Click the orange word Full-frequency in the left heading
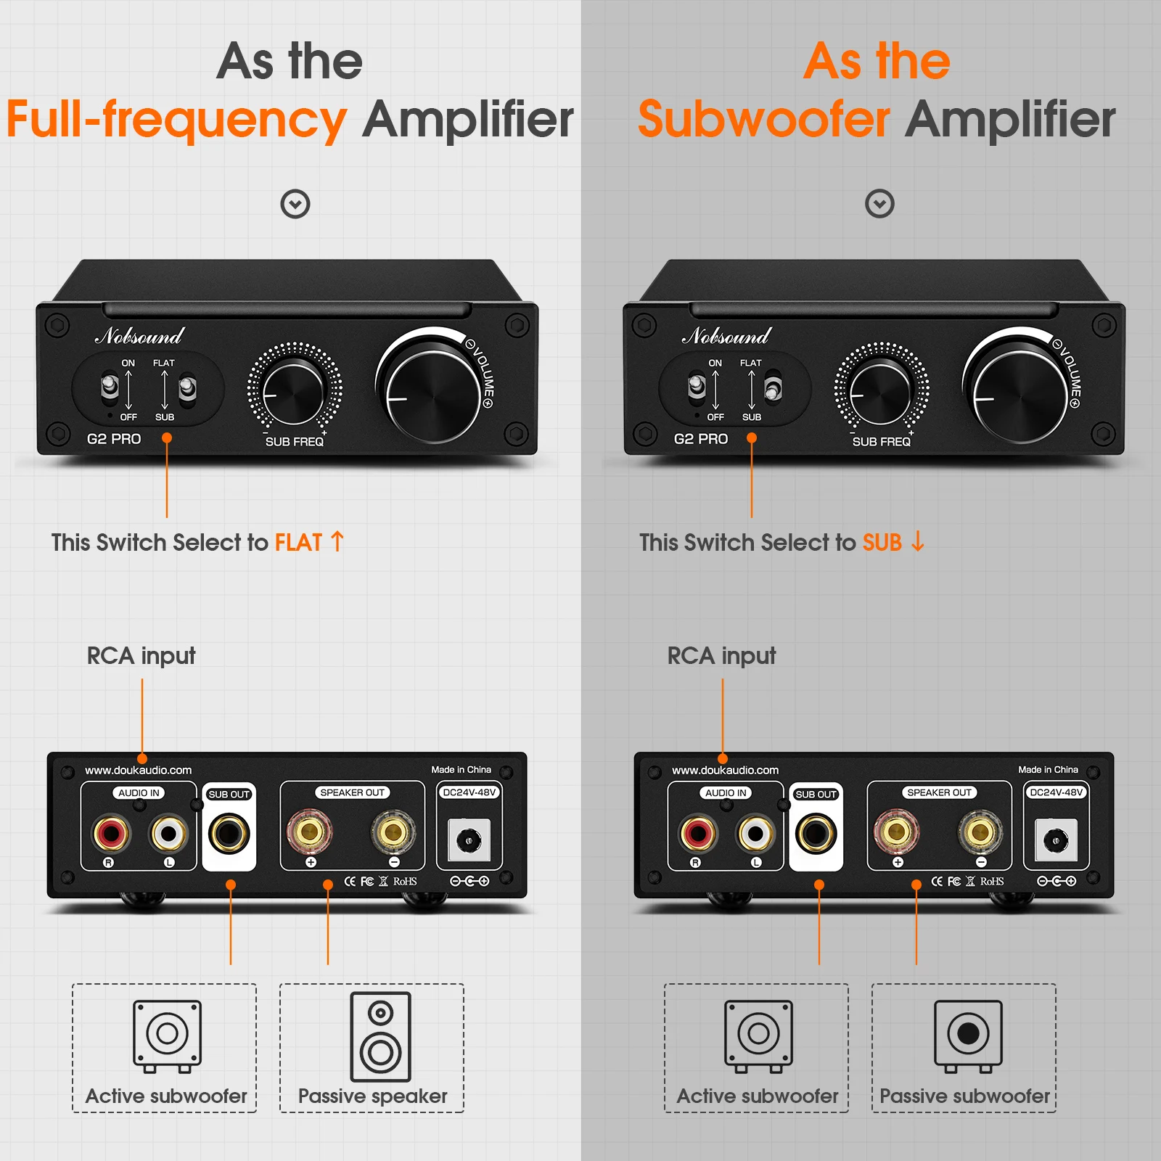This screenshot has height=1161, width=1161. pos(176,120)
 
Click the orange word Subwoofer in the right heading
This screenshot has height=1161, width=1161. pos(763,120)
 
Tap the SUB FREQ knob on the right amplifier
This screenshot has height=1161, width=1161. pos(881,393)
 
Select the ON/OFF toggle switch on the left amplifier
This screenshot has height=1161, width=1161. pos(110,387)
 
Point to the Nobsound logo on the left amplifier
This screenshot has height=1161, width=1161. pos(139,336)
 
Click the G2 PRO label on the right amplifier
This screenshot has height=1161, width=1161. pos(700,439)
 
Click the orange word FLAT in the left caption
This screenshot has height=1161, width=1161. pos(298,543)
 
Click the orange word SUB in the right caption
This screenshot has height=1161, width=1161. pos(882,543)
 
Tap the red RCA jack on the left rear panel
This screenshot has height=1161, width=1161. pos(111,833)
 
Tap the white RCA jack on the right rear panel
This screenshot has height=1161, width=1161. pos(755,833)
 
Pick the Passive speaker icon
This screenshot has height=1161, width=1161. pos(380,1037)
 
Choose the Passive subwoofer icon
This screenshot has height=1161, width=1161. pos(968,1035)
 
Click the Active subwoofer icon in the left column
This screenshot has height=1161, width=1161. pos(167,1035)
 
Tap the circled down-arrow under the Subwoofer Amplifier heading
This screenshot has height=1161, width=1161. pos(879,204)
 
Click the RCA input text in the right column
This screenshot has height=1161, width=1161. pos(721,656)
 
